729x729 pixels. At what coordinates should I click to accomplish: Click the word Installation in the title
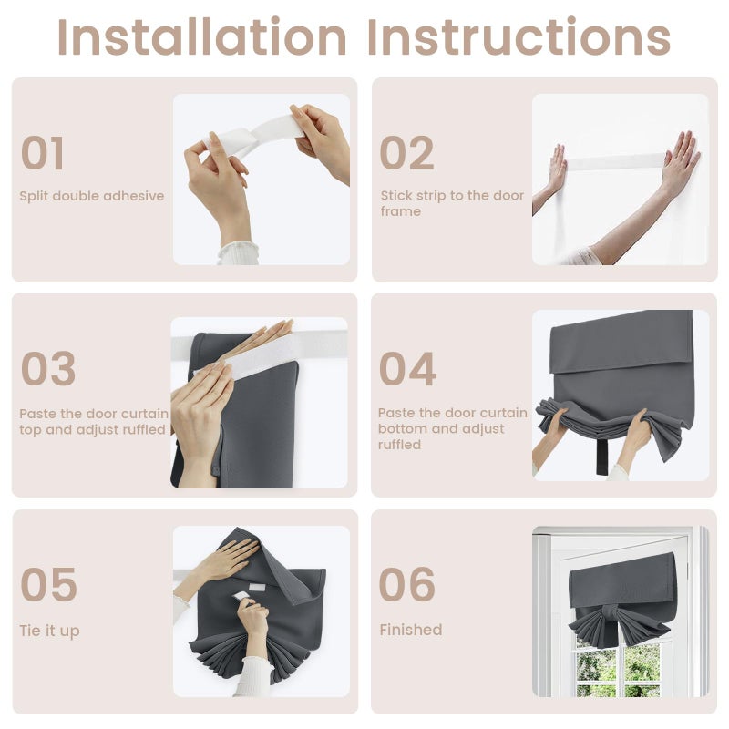[201, 36]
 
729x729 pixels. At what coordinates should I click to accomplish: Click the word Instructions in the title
[519, 36]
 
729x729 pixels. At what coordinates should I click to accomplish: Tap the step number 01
[42, 153]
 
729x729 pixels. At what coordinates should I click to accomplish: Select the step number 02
[406, 153]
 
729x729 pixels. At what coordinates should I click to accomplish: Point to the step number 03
[48, 369]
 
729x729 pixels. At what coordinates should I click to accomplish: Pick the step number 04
[407, 369]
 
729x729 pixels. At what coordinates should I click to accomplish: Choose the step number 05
[49, 584]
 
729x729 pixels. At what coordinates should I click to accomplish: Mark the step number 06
[407, 584]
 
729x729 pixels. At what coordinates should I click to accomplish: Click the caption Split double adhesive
[92, 196]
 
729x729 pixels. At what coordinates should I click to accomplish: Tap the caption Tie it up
[50, 631]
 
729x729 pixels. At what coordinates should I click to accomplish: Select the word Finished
[411, 630]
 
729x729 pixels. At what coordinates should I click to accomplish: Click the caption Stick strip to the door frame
[452, 203]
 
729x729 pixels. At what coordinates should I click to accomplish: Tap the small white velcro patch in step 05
[257, 587]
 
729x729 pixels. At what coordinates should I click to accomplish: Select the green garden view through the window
[619, 670]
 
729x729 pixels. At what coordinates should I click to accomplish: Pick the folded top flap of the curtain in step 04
[621, 342]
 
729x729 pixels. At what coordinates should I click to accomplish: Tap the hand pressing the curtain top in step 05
[228, 557]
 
